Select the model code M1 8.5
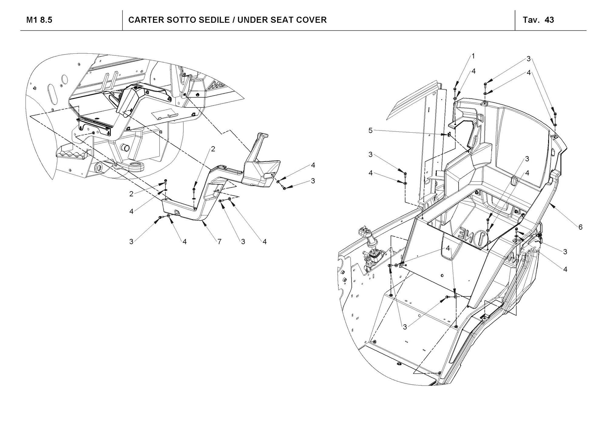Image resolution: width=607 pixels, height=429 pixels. [x=39, y=20]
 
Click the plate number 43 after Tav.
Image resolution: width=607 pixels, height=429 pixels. [x=549, y=20]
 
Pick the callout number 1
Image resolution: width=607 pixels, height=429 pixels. [x=473, y=56]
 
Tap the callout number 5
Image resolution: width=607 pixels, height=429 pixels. [x=370, y=130]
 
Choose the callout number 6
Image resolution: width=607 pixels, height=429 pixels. [x=580, y=227]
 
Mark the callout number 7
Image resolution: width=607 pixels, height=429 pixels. [x=219, y=242]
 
